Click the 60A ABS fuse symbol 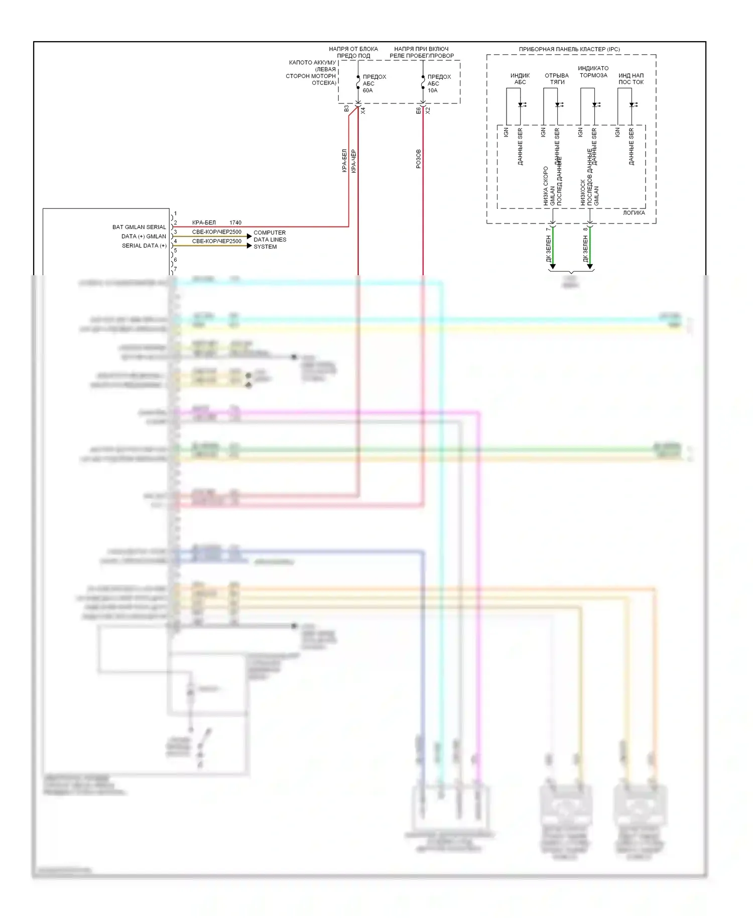pos(358,83)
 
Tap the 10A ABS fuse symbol pos(423,83)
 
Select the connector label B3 pos(346,108)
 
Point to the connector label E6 pos(418,110)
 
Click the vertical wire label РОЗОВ pos(419,159)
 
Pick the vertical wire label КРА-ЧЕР pos(353,161)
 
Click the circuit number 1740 pos(235,222)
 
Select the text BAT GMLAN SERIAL pos(139,227)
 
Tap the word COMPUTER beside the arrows pos(270,233)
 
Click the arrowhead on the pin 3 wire pos(249,236)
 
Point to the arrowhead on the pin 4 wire pos(249,246)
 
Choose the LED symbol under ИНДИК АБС pos(521,105)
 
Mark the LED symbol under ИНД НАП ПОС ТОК pos(632,105)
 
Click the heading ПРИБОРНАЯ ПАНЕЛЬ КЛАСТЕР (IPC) pos(569,49)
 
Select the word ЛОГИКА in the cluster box pos(634,213)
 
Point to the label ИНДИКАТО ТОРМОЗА pos(593,72)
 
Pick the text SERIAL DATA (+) pos(144,246)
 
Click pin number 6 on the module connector pos(175,260)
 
